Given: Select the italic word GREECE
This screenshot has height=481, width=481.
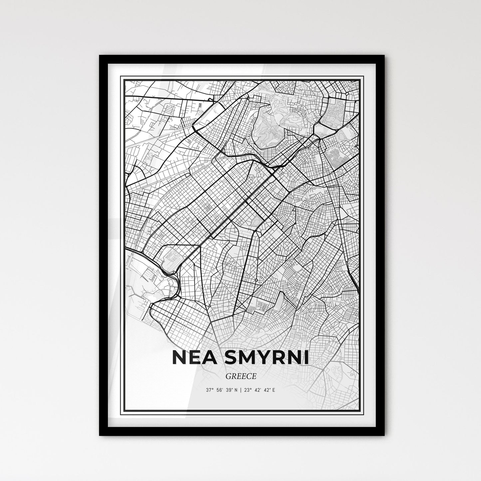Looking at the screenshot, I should [240, 376].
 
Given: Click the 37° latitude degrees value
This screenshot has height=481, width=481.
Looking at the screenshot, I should [209, 390].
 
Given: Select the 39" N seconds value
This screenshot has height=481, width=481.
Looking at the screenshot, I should [233, 390].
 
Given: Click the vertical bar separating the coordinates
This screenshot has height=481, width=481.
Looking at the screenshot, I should [241, 390].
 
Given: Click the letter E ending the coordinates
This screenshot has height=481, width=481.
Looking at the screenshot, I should [274, 390].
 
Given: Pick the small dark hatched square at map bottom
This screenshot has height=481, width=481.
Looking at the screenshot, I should [252, 310].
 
